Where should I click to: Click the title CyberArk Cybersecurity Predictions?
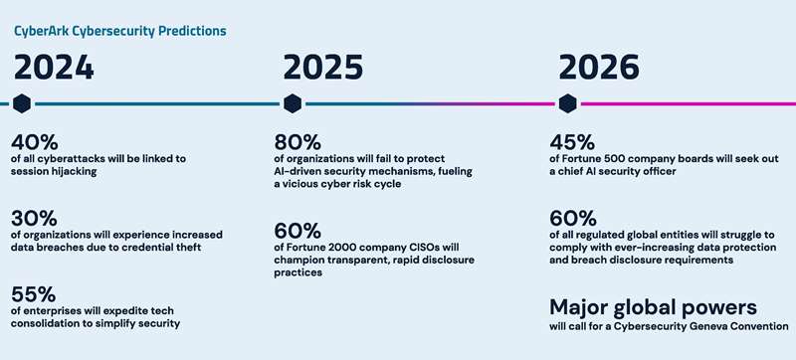click(120, 31)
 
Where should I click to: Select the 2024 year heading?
click(54, 68)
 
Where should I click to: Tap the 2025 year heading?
click(322, 68)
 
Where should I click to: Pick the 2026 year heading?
click(599, 68)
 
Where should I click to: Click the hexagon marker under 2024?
click(22, 103)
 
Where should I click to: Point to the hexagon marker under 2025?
click(293, 103)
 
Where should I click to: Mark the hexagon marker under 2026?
click(567, 103)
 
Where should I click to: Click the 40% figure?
click(34, 142)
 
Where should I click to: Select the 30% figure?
click(34, 219)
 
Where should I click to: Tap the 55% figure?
click(34, 294)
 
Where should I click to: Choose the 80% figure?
click(298, 142)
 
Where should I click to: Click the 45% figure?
click(573, 142)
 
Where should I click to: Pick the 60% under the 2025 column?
click(298, 231)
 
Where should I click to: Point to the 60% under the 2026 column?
click(573, 219)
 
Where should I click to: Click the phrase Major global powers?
click(654, 307)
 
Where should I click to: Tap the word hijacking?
click(72, 172)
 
